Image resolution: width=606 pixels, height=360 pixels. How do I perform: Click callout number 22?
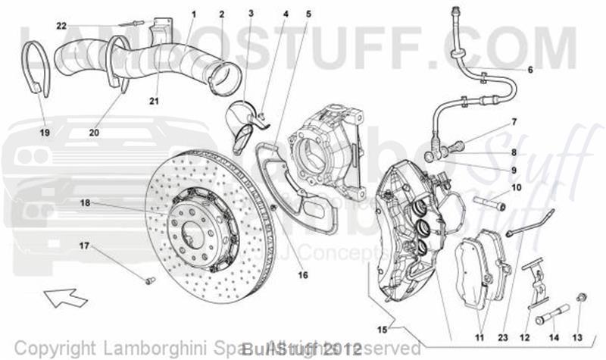(61, 26)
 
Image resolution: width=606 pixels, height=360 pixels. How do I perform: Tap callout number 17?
(84, 245)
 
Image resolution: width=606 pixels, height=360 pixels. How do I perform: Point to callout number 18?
(85, 202)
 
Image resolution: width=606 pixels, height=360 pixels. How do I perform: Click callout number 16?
(302, 275)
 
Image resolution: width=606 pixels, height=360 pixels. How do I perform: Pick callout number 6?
(530, 70)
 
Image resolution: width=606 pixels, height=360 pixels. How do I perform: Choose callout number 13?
(578, 337)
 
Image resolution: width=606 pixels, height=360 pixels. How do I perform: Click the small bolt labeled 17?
(149, 280)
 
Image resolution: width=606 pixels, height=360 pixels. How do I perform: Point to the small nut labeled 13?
(581, 296)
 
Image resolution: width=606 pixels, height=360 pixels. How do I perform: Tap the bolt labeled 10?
(490, 202)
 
